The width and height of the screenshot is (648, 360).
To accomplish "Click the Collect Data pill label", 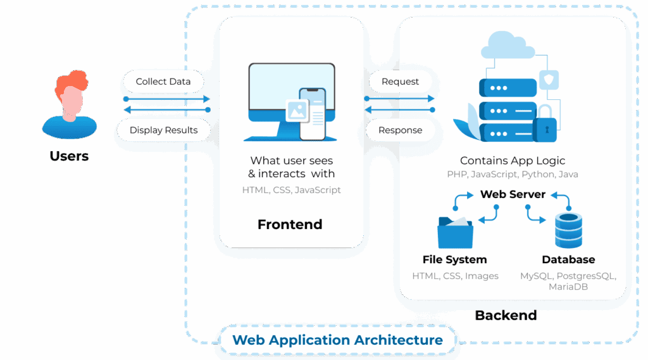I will pos(163,82).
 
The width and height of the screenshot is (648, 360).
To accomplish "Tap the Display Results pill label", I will pos(163,130).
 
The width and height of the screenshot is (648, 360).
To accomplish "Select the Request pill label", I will pos(400,82).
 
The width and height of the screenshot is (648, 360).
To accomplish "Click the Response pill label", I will pos(400,130).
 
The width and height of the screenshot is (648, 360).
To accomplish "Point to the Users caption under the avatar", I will pos(69,156).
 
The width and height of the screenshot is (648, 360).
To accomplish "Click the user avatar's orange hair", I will pos(71,81).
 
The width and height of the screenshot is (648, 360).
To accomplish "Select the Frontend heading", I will pos(290,225).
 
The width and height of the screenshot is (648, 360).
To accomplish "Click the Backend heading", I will pos(506,314).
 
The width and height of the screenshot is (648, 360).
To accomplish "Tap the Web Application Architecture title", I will pos(337,340).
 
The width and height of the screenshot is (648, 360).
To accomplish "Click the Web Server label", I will pos(513,194).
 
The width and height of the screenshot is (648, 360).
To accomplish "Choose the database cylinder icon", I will pos(568,230).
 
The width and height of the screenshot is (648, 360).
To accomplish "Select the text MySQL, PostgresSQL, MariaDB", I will pos(568,282).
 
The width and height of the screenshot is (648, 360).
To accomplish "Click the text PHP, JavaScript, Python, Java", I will pos(513,174).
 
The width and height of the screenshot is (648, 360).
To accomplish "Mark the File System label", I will pos(454,259).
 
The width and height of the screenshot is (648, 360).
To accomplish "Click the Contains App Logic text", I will pos(513,161).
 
